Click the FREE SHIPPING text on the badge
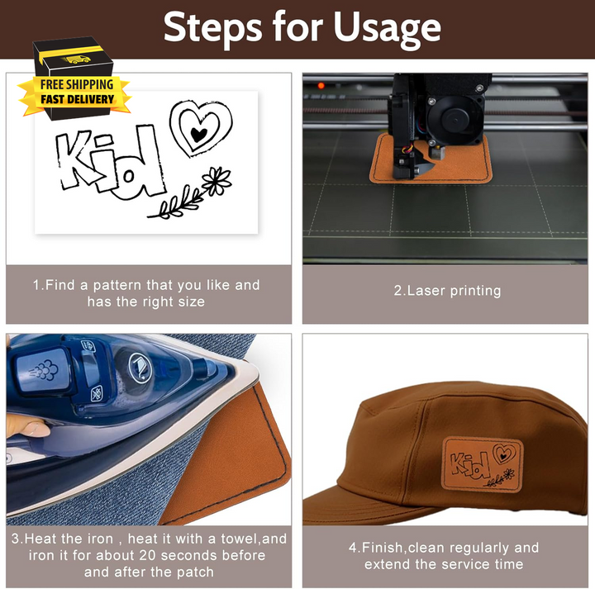pos(77,84)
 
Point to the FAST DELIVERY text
pos(78,99)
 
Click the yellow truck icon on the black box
pos(77,59)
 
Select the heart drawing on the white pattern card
pos(201,128)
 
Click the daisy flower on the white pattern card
pos(217,180)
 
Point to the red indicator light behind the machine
pos(321,85)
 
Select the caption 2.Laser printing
pos(447,291)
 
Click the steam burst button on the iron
pos(42,369)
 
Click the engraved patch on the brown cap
pos(483,465)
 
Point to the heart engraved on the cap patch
pos(504,454)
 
